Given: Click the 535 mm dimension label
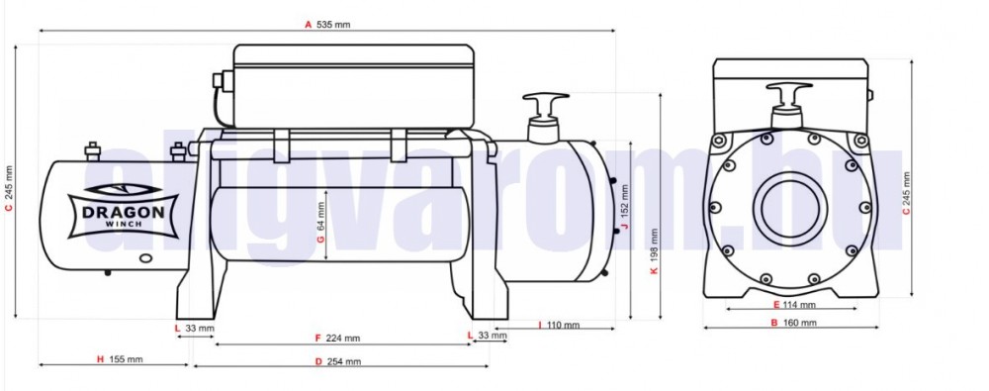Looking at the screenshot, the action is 333,25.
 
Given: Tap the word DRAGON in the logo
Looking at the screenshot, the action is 124,212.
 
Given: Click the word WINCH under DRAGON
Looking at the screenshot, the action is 124,225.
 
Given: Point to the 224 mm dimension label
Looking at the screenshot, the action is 343,338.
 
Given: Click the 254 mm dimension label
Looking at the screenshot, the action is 344,362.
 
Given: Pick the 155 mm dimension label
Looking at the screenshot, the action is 127,359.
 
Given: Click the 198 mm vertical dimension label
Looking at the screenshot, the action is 654,244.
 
